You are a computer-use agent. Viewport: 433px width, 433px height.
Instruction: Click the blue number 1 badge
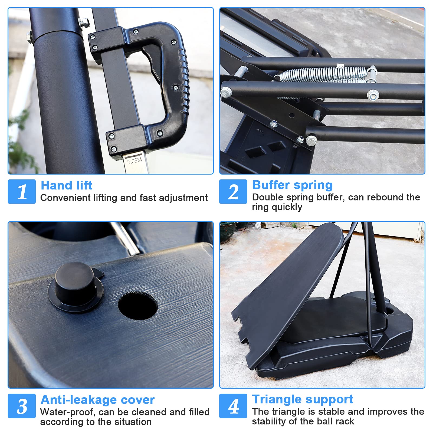(x=22, y=191)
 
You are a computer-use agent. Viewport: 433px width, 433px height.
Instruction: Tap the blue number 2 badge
(x=233, y=191)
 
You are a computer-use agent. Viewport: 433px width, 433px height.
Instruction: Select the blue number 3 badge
(x=22, y=406)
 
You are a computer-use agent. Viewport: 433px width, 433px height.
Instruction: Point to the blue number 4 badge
(x=233, y=406)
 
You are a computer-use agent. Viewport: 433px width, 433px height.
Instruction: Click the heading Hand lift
(x=67, y=185)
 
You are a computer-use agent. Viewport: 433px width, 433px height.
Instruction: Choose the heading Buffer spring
(x=292, y=185)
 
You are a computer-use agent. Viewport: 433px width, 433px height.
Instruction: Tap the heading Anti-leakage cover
(x=98, y=400)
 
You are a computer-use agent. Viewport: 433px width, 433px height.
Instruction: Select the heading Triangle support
(x=303, y=399)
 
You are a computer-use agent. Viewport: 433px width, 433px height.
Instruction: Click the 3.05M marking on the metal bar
(x=135, y=161)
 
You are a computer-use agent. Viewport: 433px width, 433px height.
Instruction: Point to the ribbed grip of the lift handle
(x=185, y=81)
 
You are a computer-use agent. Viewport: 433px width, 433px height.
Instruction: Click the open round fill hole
(x=138, y=305)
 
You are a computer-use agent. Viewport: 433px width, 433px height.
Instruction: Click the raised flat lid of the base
(x=287, y=281)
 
